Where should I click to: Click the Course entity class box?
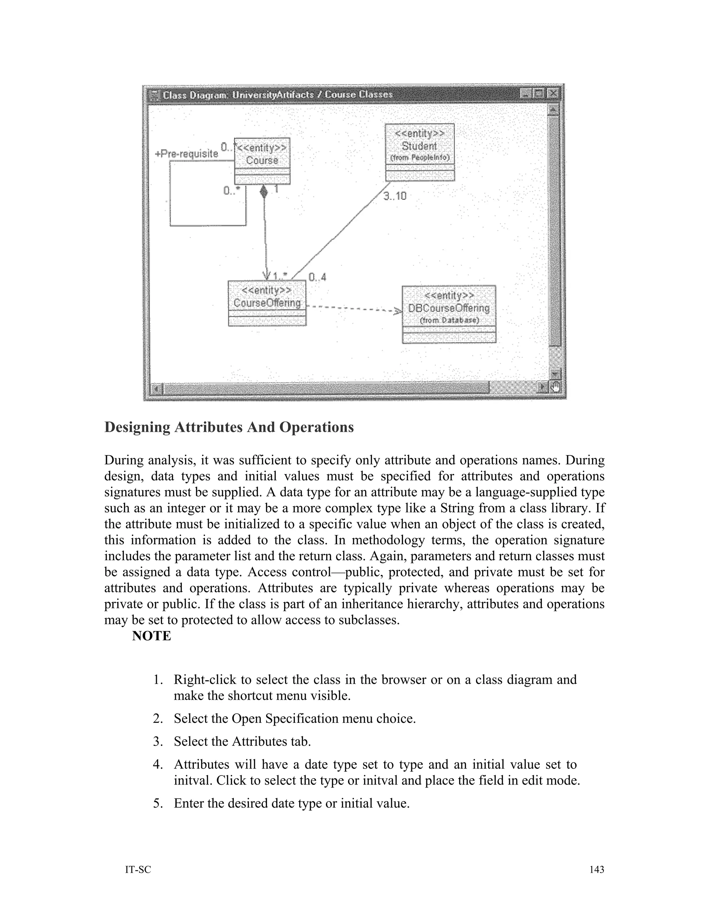(x=262, y=161)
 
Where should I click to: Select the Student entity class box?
(x=420, y=152)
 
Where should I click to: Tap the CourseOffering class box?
(x=267, y=303)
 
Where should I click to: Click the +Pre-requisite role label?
(x=187, y=154)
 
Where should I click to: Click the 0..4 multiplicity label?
(x=317, y=277)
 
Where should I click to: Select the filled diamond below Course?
(x=263, y=192)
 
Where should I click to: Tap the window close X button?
(x=554, y=94)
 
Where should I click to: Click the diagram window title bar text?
(x=277, y=94)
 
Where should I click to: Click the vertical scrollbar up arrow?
(x=554, y=110)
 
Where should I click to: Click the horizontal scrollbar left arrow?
(x=156, y=388)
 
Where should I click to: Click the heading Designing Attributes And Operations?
(x=229, y=427)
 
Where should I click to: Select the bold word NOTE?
(x=152, y=636)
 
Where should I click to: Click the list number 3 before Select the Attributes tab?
(x=158, y=742)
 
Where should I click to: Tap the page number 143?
(x=596, y=869)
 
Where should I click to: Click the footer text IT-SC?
(x=138, y=870)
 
